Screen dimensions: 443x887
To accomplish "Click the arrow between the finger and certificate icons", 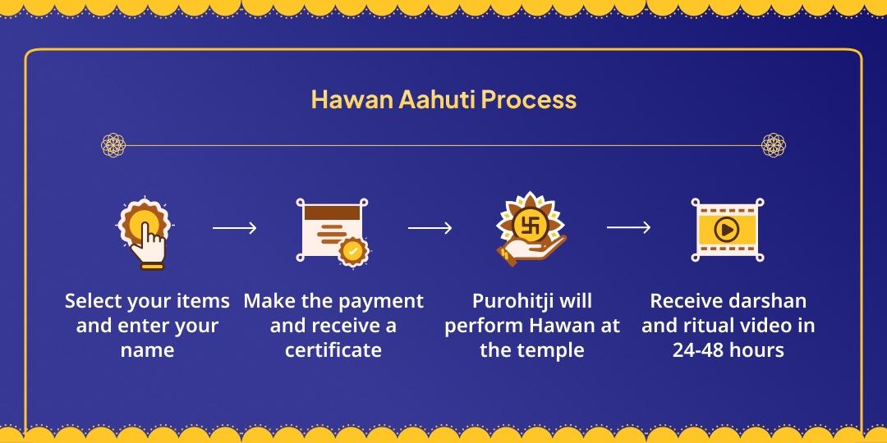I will click(x=235, y=227).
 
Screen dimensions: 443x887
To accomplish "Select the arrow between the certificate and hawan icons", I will click(x=430, y=227).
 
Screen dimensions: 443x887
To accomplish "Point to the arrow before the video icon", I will click(x=628, y=227).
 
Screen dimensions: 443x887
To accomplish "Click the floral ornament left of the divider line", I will click(x=113, y=145).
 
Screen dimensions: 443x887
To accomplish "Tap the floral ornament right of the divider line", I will click(x=774, y=145).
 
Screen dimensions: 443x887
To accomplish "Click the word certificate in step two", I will click(x=333, y=350).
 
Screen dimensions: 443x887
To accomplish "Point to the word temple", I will click(x=554, y=350).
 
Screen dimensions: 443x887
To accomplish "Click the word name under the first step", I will click(x=147, y=350).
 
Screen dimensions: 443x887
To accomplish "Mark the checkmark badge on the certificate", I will click(x=353, y=251).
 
